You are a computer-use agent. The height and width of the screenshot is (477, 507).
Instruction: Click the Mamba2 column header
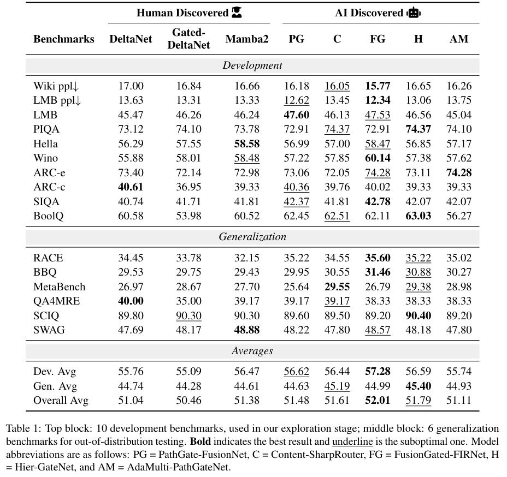click(247, 39)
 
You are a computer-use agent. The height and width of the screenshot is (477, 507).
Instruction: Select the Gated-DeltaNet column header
click(188, 39)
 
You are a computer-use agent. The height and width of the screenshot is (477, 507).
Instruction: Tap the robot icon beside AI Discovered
click(414, 13)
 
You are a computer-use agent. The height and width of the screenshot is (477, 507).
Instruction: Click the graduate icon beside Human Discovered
click(237, 13)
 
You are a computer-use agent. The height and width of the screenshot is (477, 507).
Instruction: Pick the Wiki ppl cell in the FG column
click(378, 86)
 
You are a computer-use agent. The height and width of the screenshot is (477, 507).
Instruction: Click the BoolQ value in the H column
click(418, 216)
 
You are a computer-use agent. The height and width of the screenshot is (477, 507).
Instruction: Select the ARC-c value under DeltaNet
click(131, 187)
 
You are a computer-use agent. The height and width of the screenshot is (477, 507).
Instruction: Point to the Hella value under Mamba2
click(247, 144)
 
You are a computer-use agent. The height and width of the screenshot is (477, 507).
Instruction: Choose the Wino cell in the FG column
click(378, 158)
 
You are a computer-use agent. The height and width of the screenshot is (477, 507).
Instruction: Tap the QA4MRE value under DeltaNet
click(131, 301)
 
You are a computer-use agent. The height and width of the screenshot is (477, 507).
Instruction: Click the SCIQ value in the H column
click(418, 315)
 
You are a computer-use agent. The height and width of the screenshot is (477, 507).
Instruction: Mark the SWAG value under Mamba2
click(247, 330)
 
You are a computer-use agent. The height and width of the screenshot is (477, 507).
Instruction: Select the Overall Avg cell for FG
click(378, 401)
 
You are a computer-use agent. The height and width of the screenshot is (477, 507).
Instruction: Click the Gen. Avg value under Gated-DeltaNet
click(188, 386)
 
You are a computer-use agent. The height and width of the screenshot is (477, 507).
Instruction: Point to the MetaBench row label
click(59, 287)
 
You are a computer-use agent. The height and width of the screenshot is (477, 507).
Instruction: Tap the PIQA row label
click(46, 129)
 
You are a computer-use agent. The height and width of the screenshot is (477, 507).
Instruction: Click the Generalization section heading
click(252, 237)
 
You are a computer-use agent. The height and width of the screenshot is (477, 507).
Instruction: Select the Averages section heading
click(252, 351)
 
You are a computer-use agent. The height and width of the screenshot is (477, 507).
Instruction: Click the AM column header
click(459, 39)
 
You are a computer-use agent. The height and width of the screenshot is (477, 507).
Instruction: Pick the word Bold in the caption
click(200, 442)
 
